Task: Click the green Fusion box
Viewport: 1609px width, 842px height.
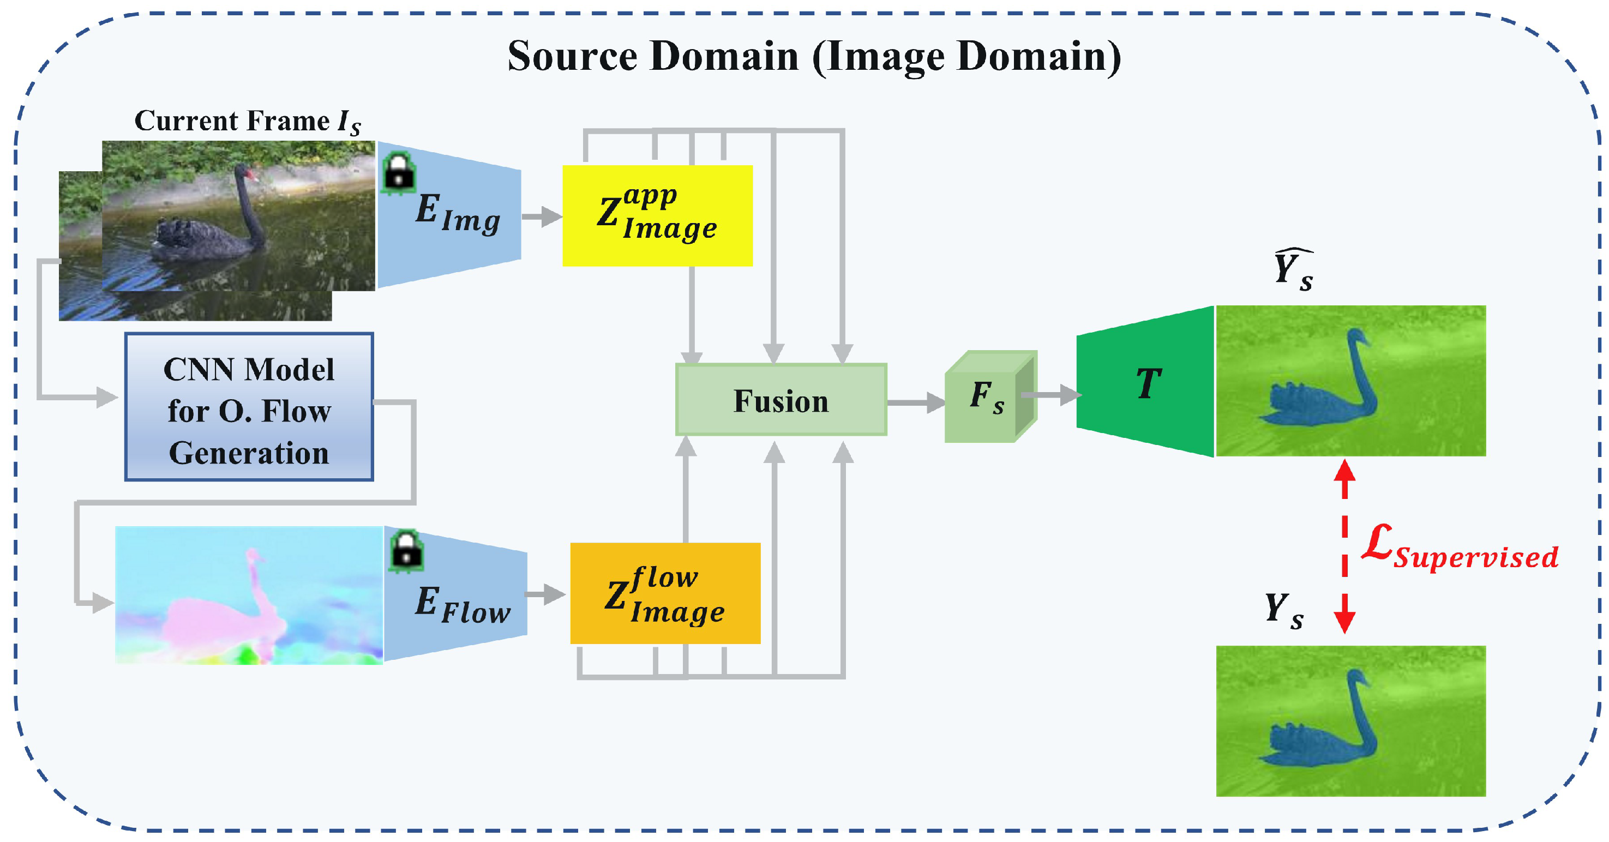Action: [781, 400]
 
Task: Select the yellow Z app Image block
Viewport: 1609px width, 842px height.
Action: [657, 215]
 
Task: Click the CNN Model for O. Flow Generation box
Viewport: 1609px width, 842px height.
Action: [249, 407]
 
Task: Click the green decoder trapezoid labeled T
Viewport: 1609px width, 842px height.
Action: [1146, 382]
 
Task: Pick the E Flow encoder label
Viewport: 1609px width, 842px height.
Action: [462, 605]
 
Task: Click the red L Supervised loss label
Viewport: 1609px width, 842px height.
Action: [1459, 549]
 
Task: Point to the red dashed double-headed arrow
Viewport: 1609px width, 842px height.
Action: [1344, 546]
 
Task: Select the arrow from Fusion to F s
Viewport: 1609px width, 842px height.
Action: [915, 402]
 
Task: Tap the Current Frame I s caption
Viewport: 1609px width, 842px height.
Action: [247, 121]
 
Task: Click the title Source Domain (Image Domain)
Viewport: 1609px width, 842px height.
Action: [814, 56]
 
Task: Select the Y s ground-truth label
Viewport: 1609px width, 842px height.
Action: [1283, 609]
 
